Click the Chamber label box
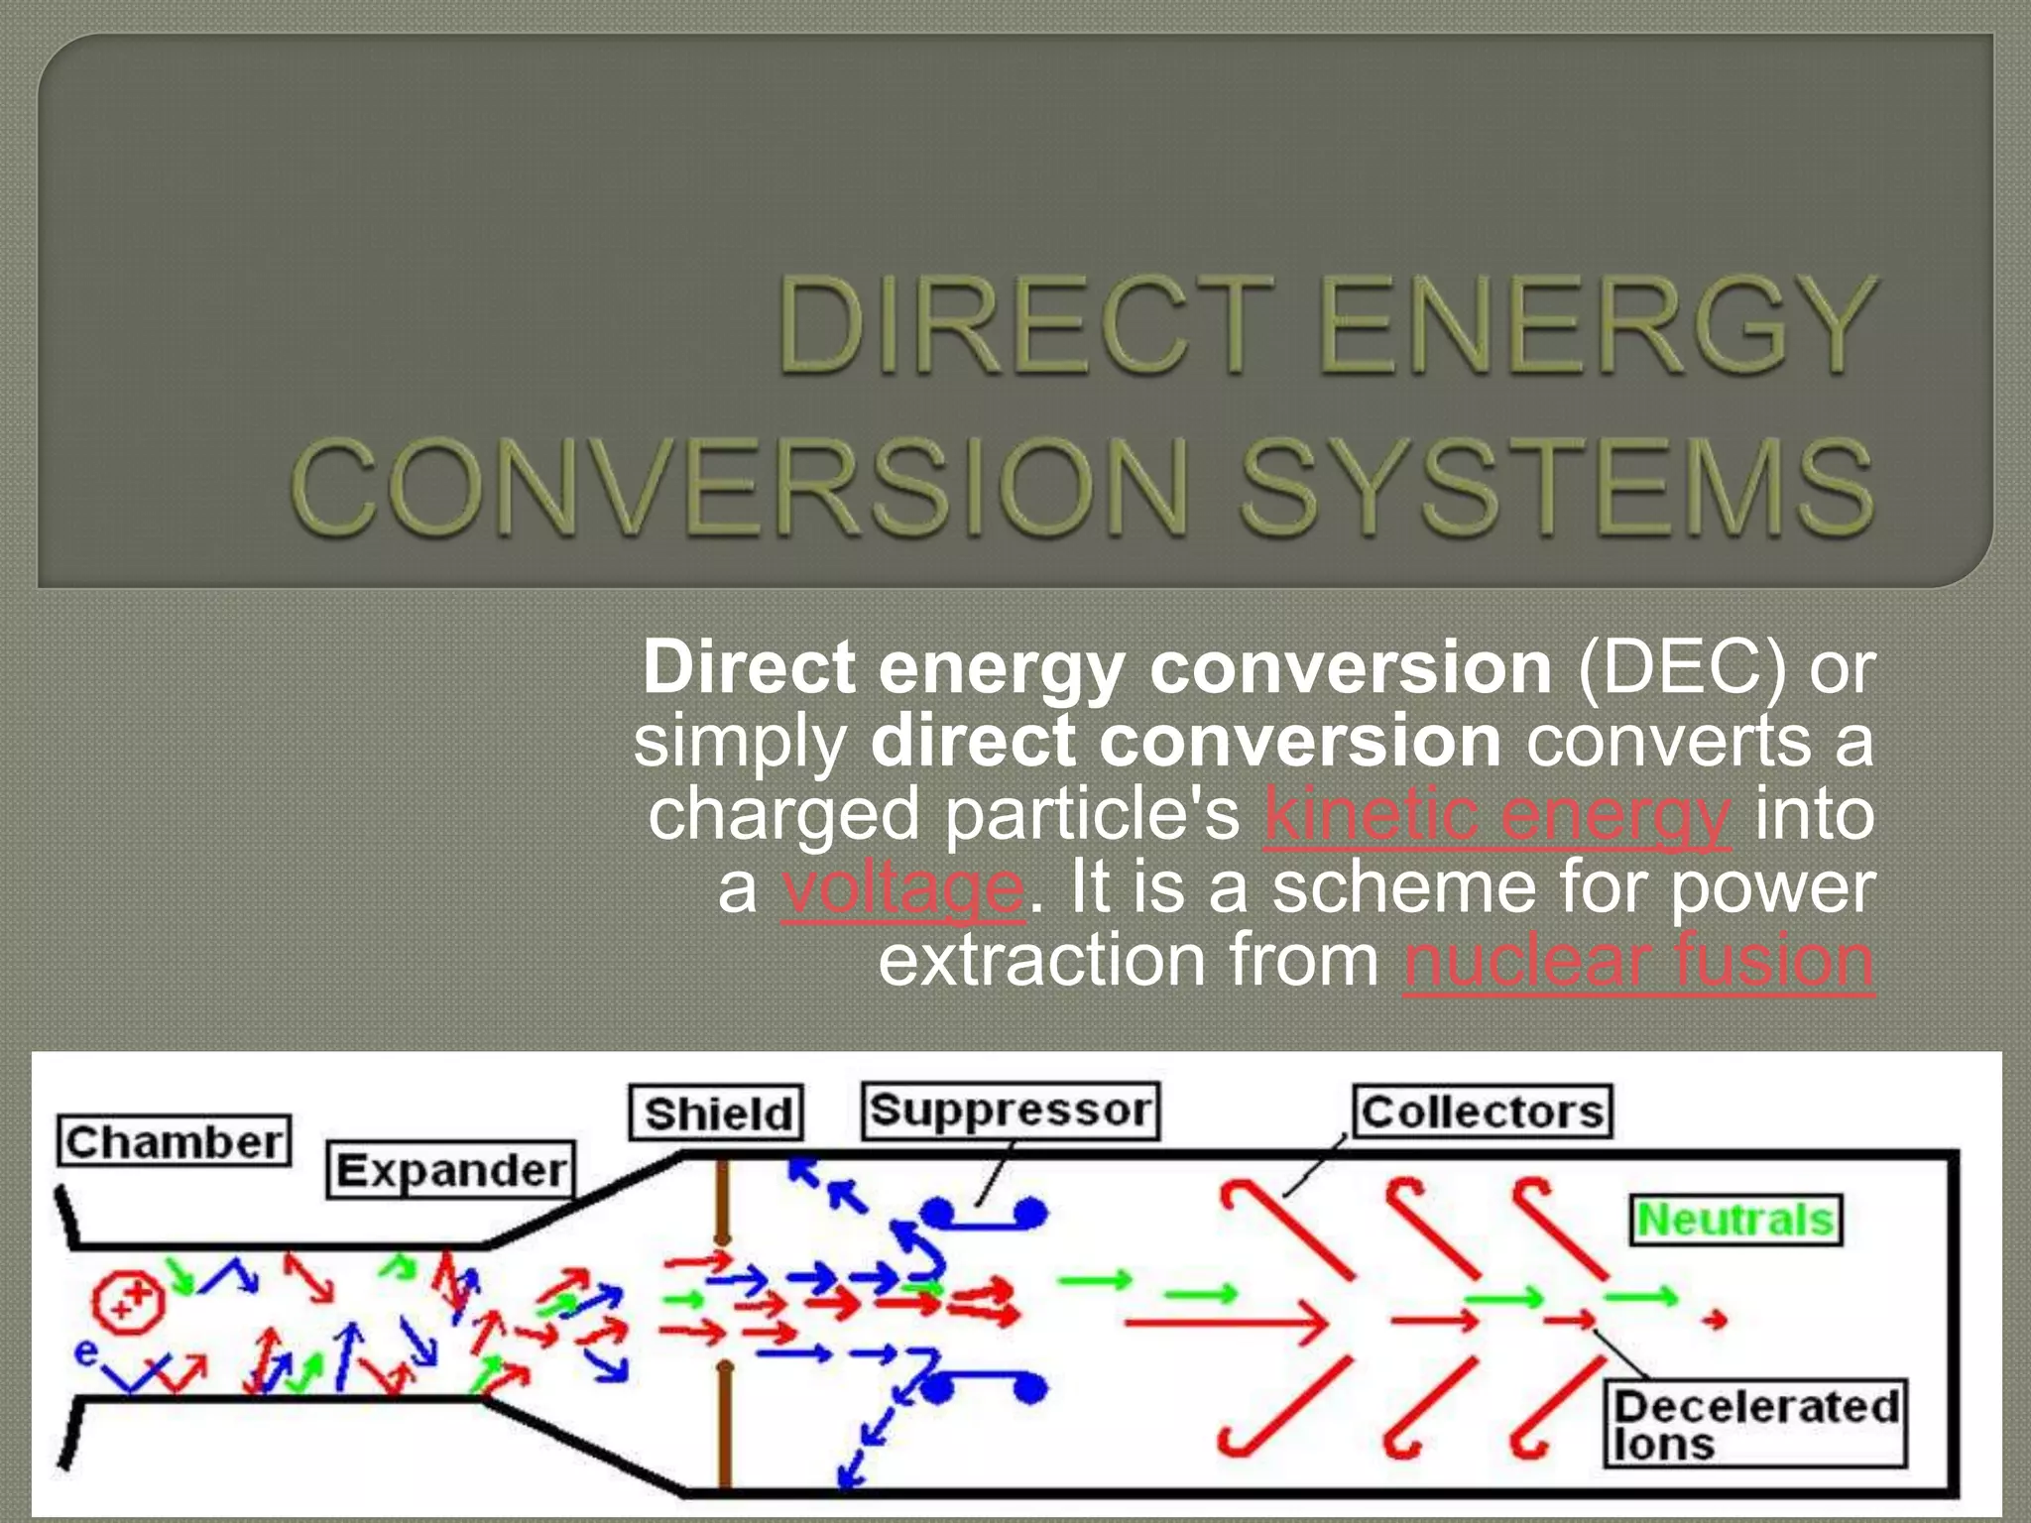click(x=175, y=1141)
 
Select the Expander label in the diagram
click(x=451, y=1170)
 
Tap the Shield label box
click(x=717, y=1113)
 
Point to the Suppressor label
click(x=1011, y=1111)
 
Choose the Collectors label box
click(x=1483, y=1112)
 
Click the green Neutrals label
click(x=1736, y=1220)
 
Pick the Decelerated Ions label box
click(x=1755, y=1424)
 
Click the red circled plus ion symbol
click(x=128, y=1300)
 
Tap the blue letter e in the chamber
click(x=86, y=1352)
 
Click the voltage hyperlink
click(x=901, y=887)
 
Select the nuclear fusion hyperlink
click(x=1638, y=961)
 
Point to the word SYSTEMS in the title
click(x=1557, y=486)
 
